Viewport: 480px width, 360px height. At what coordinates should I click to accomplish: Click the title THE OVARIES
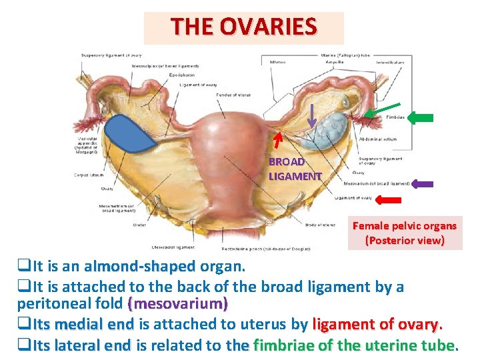[243, 27]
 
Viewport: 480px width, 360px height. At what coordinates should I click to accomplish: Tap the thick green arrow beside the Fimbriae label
[420, 118]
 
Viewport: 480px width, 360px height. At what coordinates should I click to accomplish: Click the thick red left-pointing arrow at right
[388, 199]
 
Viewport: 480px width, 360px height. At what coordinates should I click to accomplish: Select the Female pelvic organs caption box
[405, 233]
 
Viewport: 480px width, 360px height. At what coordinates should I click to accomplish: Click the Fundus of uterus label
[233, 95]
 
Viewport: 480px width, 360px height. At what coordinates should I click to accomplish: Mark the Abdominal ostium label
[377, 140]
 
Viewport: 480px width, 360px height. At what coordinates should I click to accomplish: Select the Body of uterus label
[321, 225]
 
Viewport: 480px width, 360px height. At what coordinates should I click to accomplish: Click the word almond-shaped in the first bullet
[140, 267]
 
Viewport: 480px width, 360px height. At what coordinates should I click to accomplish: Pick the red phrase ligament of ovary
[376, 325]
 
